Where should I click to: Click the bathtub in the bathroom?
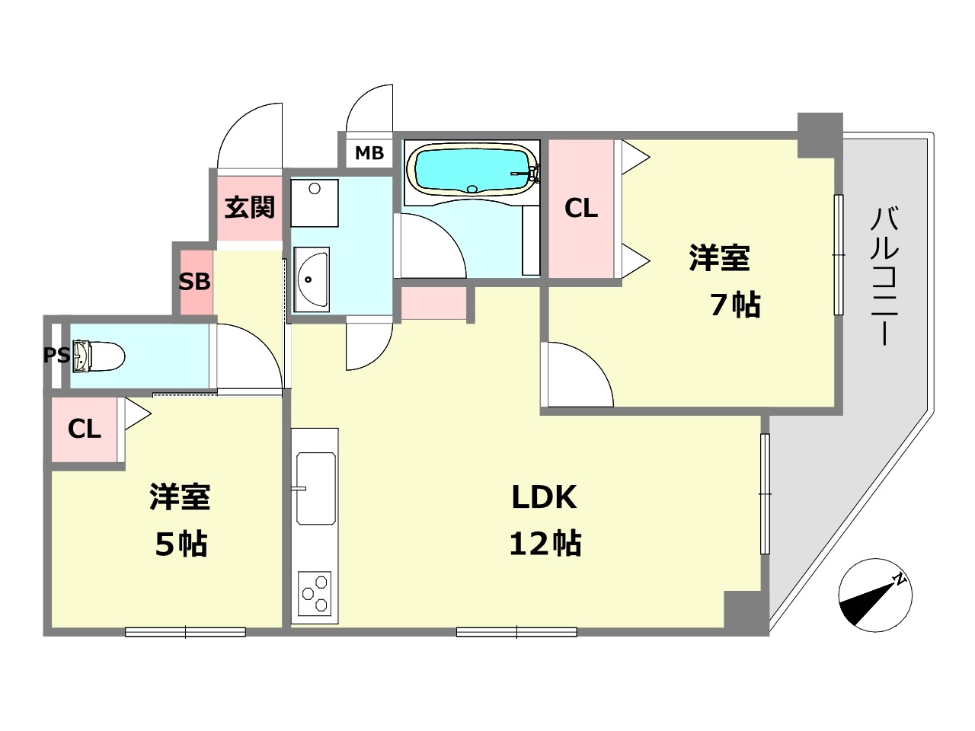coord(471,168)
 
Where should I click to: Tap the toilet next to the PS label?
coord(99,356)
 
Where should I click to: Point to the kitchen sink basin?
coord(316,488)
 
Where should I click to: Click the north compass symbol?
coord(875,595)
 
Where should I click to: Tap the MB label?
coord(369,153)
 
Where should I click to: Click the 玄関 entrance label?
coord(249,207)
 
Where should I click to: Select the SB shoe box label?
coord(194,282)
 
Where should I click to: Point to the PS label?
coord(56,356)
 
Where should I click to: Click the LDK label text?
coord(544,497)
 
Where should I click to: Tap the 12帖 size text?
coord(545,544)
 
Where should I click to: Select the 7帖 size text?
coord(735,305)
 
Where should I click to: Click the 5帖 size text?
coord(181,544)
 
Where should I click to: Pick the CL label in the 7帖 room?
coord(581,208)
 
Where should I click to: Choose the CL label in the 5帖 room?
coord(85,429)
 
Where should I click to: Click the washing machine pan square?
coord(315,203)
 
